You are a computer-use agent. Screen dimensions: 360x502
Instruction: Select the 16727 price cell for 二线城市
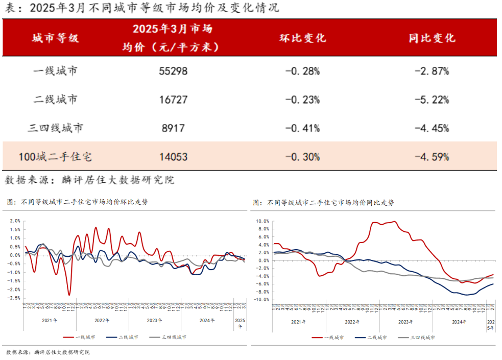point(173,100)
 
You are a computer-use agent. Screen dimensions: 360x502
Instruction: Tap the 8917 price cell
point(173,128)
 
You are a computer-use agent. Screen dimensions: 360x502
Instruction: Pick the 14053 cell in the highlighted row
point(173,157)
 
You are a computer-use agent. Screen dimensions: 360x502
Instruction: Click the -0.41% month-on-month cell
point(302,128)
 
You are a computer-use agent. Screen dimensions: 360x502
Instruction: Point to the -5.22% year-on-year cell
point(432,100)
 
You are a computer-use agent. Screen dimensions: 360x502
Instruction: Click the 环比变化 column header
point(302,38)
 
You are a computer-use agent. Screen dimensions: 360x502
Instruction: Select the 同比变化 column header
point(432,38)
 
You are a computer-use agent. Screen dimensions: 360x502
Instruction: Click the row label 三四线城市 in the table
point(55,128)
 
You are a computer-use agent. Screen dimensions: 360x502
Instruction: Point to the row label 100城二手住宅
point(55,157)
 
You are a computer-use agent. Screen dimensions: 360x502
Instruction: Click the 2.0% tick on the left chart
point(15,221)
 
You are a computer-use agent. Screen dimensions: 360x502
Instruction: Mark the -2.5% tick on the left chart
point(14,298)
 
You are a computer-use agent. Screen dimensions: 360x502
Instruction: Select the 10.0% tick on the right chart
point(262,222)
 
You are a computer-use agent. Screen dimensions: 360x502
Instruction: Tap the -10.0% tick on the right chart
point(261,299)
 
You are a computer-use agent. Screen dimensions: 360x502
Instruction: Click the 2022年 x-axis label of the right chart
point(352,322)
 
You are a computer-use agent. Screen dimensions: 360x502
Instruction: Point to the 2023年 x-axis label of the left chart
point(155,321)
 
